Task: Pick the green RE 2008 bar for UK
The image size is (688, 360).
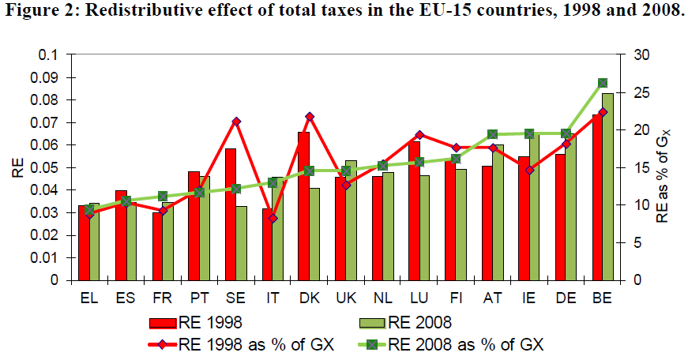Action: click(352, 220)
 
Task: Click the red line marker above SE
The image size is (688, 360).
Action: click(236, 122)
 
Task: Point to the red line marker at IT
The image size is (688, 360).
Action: click(273, 218)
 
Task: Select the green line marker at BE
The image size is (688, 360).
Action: click(603, 83)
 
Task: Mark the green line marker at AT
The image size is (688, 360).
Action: click(492, 134)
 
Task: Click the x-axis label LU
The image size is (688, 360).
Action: click(419, 299)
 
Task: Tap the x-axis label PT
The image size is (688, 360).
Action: click(199, 299)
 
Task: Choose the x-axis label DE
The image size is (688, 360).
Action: click(566, 299)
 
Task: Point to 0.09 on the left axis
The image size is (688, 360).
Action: click(48, 77)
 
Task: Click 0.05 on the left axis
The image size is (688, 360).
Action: click(48, 167)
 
